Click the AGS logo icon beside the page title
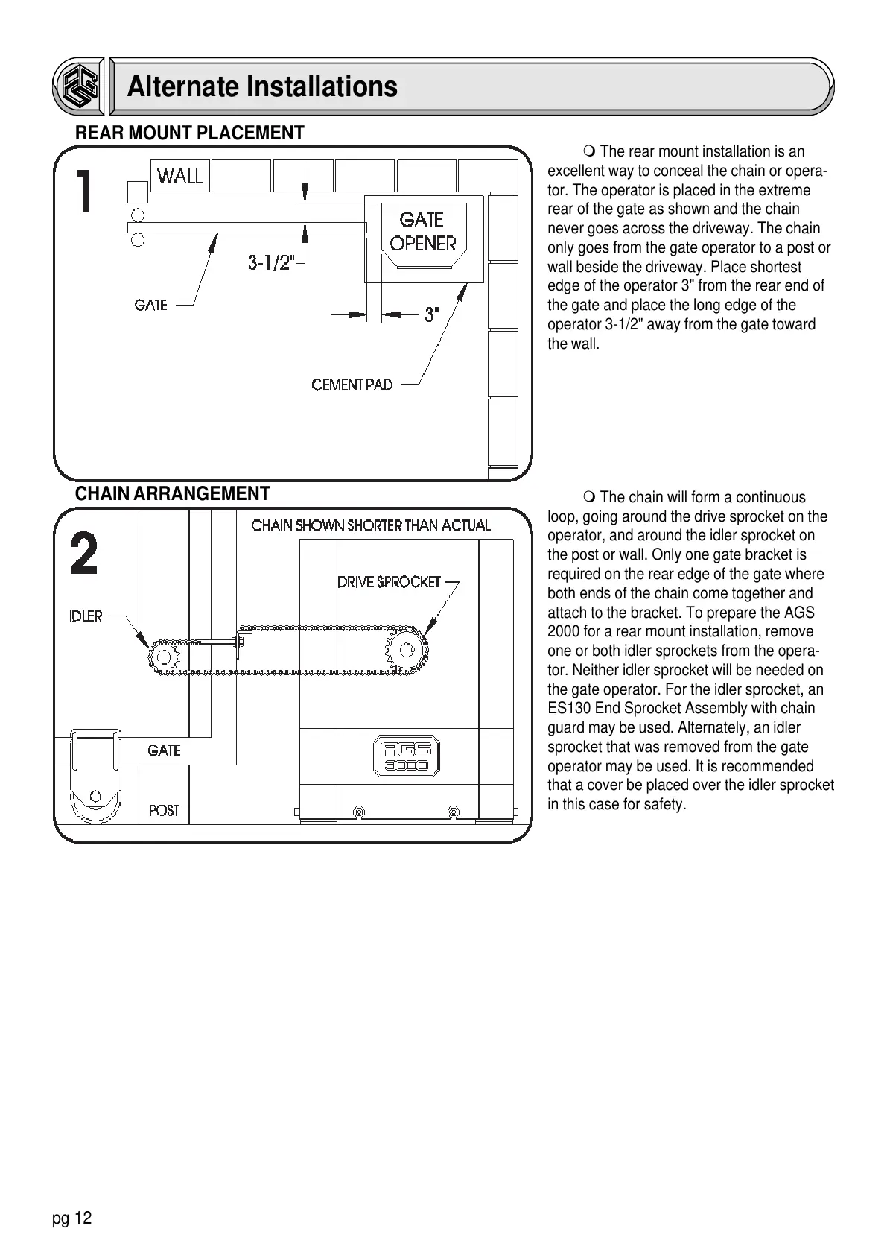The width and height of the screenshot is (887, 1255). (x=79, y=86)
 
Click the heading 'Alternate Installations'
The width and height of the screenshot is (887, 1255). (x=262, y=86)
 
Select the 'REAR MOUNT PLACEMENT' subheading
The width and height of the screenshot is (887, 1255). (x=190, y=133)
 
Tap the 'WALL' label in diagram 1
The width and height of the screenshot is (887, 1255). (x=180, y=177)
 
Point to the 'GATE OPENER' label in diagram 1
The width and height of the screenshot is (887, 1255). (x=423, y=231)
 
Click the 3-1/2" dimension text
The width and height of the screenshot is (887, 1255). (x=271, y=262)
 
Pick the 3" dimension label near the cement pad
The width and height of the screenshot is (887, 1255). (x=431, y=315)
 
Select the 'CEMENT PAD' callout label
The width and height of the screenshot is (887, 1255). (x=352, y=385)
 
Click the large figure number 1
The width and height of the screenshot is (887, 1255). (x=86, y=192)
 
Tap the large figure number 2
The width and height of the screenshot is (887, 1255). (x=84, y=555)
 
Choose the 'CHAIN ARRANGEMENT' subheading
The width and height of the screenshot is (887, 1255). (x=173, y=494)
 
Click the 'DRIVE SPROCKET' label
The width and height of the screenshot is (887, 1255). (x=389, y=581)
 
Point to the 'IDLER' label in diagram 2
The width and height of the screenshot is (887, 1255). (x=86, y=616)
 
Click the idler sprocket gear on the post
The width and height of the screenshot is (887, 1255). (x=163, y=656)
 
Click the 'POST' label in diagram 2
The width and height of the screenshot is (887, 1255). (x=164, y=810)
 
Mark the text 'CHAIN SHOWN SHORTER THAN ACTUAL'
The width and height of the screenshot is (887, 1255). (x=371, y=525)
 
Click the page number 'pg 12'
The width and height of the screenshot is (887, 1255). (x=71, y=1218)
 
